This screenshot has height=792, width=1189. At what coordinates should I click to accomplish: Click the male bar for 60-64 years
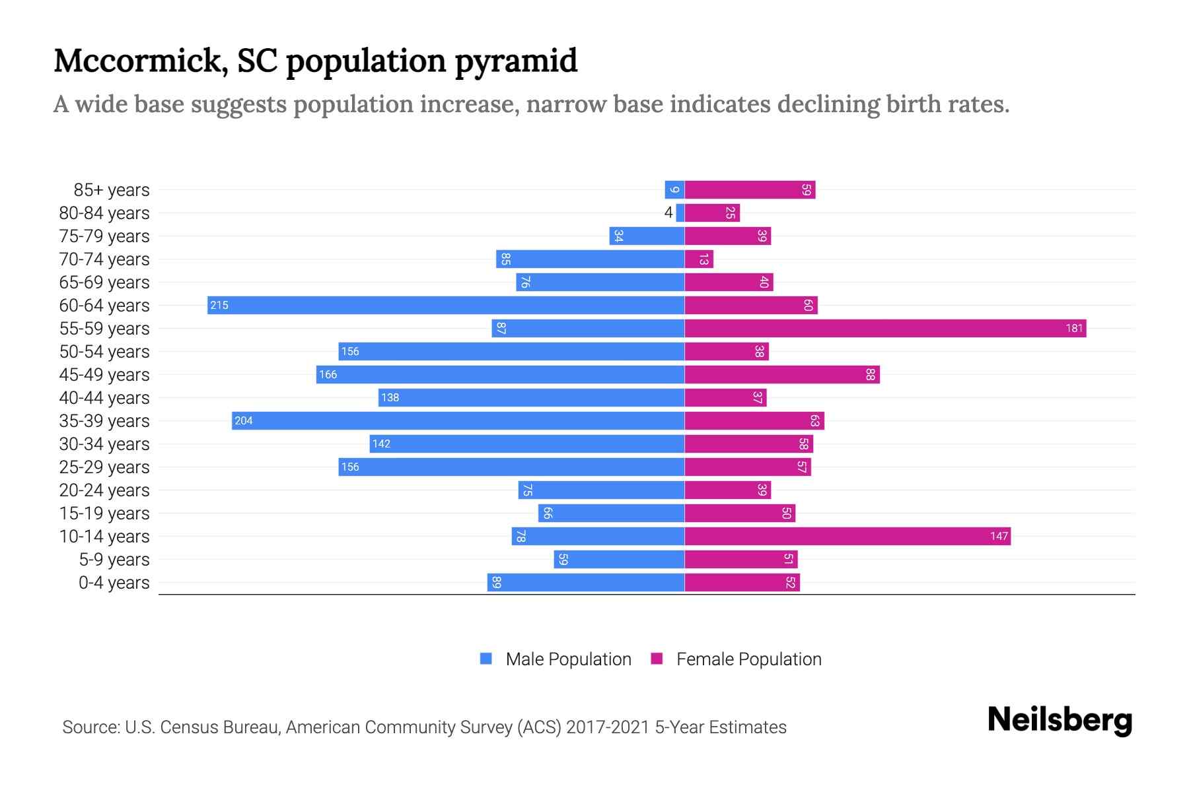click(x=446, y=305)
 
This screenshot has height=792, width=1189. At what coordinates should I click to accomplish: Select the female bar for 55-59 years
click(x=885, y=328)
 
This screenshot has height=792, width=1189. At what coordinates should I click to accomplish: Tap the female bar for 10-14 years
click(x=847, y=536)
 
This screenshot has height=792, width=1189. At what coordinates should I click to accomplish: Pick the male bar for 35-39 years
click(x=458, y=420)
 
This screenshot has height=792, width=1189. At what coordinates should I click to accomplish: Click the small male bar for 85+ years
click(x=674, y=189)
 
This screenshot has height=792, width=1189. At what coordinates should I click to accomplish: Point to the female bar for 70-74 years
click(x=699, y=259)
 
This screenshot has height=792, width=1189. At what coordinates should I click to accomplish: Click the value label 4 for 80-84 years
click(x=668, y=213)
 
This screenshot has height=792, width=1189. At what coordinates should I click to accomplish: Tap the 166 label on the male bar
click(x=328, y=374)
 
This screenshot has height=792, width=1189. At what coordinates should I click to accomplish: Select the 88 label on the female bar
click(x=871, y=374)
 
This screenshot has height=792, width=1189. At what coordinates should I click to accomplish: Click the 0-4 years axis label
click(x=114, y=583)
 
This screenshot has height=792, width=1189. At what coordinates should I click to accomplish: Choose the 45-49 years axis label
click(x=104, y=375)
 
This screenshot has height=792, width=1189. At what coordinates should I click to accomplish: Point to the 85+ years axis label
click(x=112, y=190)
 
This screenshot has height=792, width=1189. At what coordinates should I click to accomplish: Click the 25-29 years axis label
click(x=104, y=467)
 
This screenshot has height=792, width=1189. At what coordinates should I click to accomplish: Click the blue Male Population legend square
click(x=486, y=659)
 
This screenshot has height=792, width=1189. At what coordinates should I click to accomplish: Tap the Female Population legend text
click(x=748, y=659)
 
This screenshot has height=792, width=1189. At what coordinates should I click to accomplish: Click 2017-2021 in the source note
click(x=608, y=727)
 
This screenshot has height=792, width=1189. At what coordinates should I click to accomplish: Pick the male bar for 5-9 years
click(x=619, y=559)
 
